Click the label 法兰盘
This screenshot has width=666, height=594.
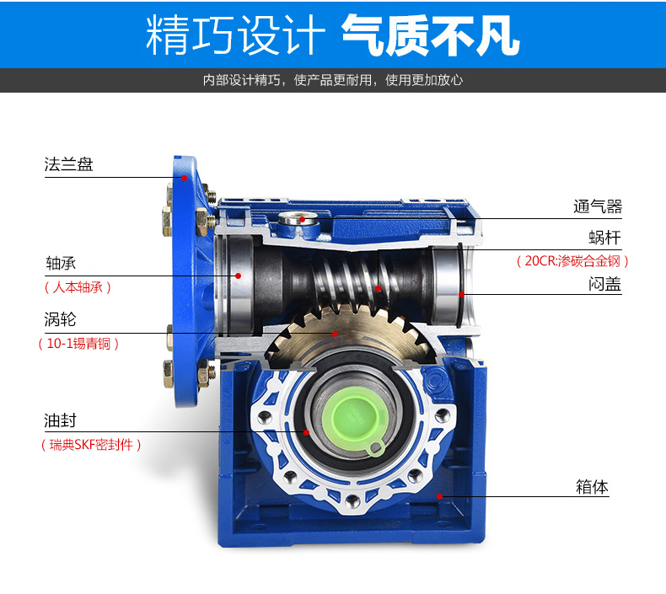[68, 164]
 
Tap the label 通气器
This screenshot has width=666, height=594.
[597, 206]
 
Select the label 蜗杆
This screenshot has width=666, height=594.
[604, 238]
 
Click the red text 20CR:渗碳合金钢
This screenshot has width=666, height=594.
[572, 260]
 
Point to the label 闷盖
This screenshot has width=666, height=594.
[604, 284]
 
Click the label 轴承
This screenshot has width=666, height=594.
[61, 263]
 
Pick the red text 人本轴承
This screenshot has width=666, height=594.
[78, 287]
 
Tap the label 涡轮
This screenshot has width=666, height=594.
[60, 319]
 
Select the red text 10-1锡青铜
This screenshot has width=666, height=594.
[78, 344]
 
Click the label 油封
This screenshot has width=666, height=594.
[60, 420]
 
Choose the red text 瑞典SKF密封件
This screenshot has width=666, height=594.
[91, 445]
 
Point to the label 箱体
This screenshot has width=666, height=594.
[592, 487]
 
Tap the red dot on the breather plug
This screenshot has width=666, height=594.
[302, 220]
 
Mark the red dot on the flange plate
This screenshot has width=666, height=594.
[185, 178]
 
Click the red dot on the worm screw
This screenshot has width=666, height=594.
[378, 289]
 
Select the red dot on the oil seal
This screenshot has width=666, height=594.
[306, 433]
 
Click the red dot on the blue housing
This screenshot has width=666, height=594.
[440, 496]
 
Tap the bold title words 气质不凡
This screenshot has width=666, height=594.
[431, 35]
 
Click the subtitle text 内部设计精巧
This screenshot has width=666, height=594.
[241, 80]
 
